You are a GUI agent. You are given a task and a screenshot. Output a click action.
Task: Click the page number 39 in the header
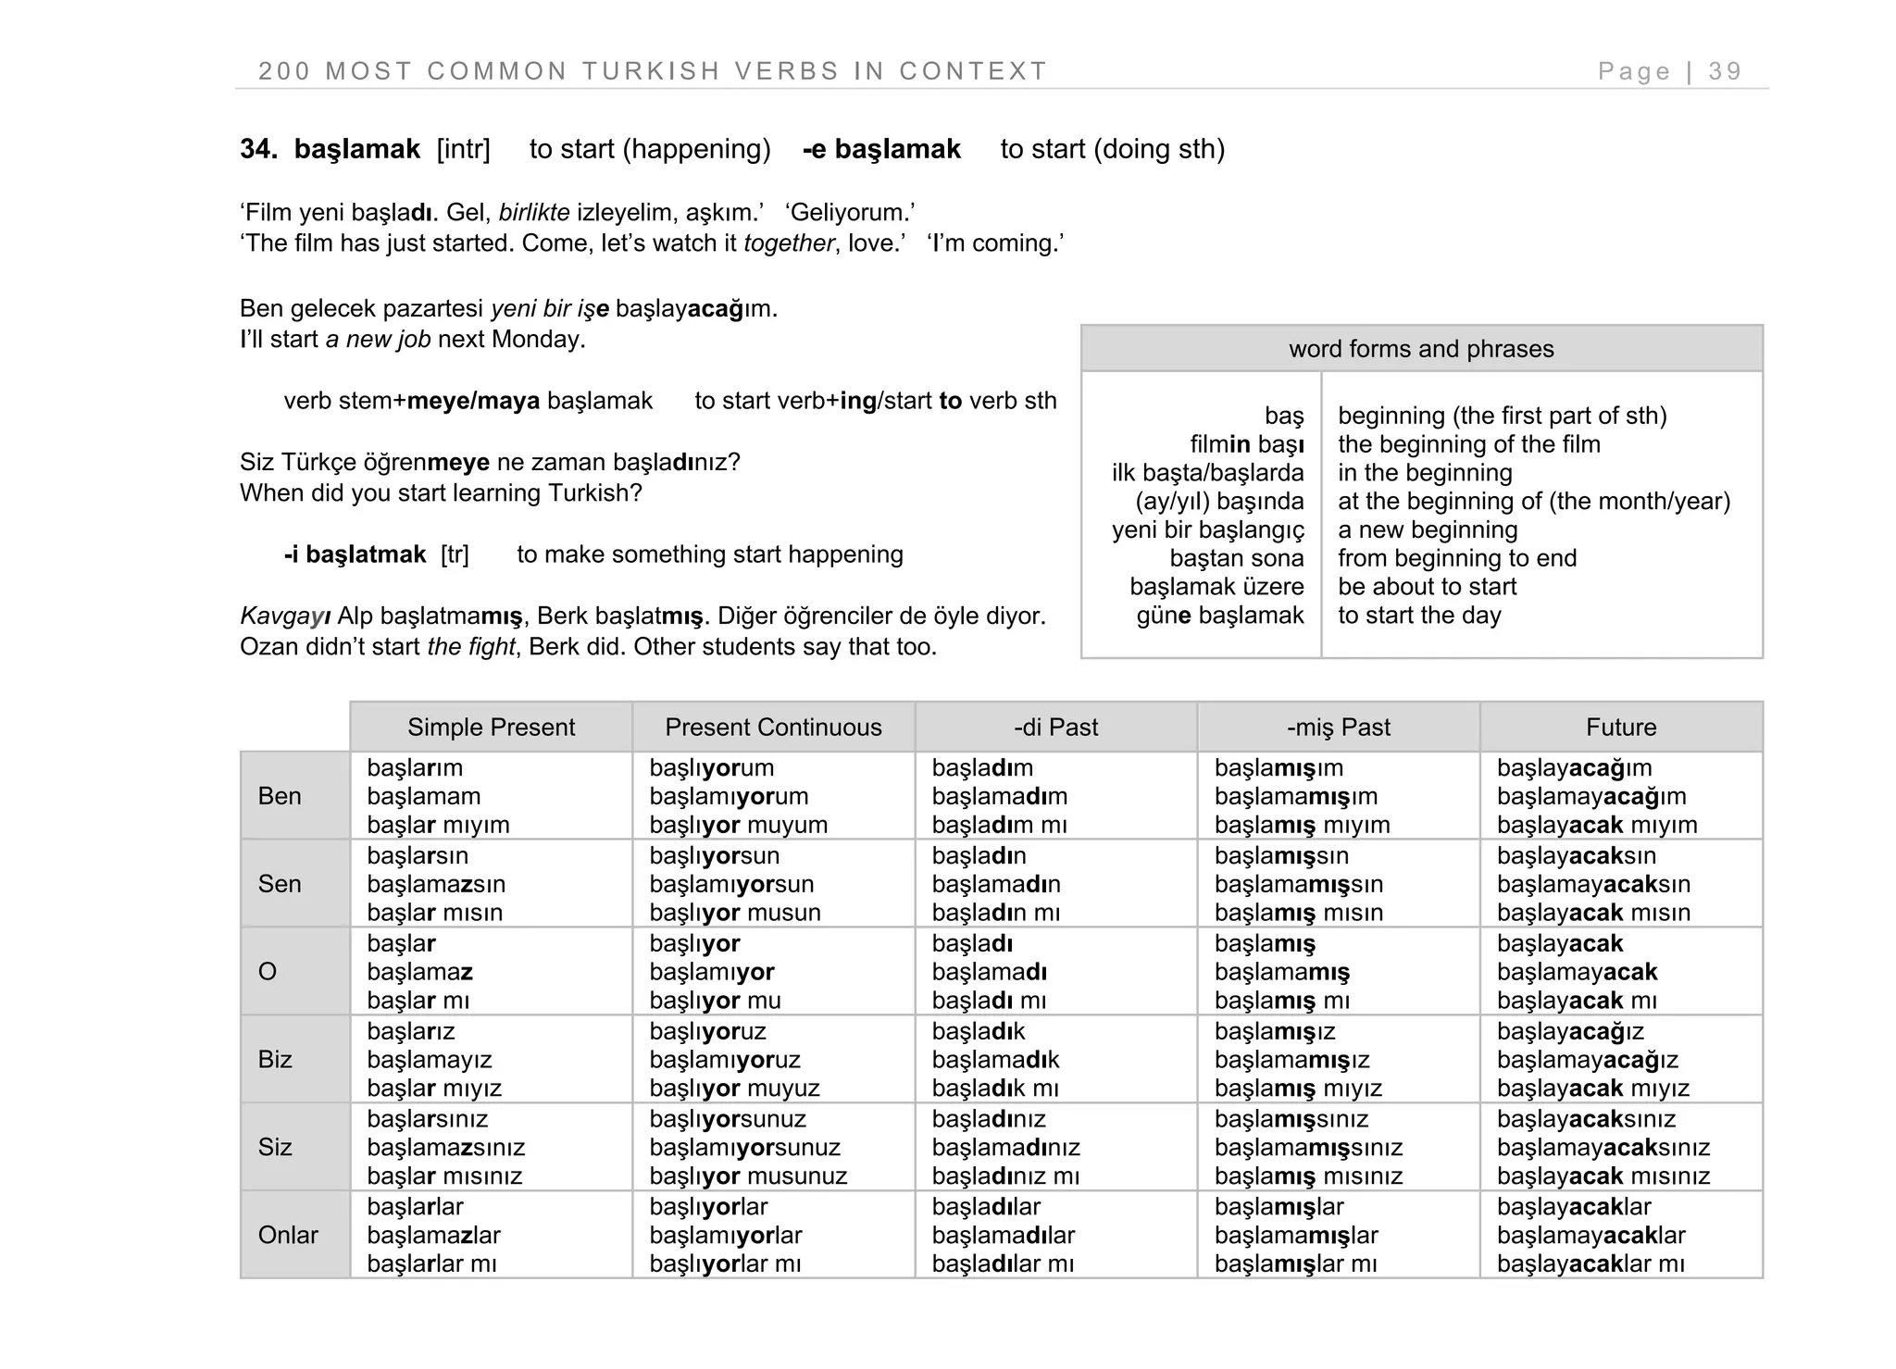pos(1725,71)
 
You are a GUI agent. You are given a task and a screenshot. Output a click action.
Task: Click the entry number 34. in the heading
pos(258,149)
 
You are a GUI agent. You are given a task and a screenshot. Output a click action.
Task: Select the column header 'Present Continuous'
pos(773,728)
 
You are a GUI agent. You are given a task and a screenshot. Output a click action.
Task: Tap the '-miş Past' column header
pos(1338,728)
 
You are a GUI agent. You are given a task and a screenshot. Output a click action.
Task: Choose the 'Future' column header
pos(1620,728)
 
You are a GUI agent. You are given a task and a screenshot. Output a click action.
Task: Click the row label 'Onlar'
pos(288,1235)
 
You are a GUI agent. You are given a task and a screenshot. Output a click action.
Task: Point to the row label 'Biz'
pos(275,1059)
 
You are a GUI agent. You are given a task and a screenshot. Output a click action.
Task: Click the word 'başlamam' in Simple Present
pos(423,796)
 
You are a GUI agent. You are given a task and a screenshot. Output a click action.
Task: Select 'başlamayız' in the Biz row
pos(429,1059)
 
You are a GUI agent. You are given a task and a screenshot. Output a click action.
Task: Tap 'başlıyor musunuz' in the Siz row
pos(748,1176)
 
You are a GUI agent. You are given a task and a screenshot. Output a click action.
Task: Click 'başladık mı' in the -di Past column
pos(994,1088)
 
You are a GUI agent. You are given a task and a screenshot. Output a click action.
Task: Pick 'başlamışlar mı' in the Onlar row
pos(1295,1263)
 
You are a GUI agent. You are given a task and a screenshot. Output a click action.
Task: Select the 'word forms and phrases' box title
pos(1420,349)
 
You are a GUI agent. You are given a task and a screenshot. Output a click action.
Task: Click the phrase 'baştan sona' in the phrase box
pos(1236,558)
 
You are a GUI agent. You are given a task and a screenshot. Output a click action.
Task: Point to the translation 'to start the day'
pos(1418,616)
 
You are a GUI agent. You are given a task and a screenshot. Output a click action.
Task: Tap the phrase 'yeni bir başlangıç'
pos(1207,529)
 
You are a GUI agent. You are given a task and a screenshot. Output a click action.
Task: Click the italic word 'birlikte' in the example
pos(534,213)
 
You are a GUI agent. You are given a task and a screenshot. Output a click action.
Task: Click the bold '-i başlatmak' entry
pos(355,554)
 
